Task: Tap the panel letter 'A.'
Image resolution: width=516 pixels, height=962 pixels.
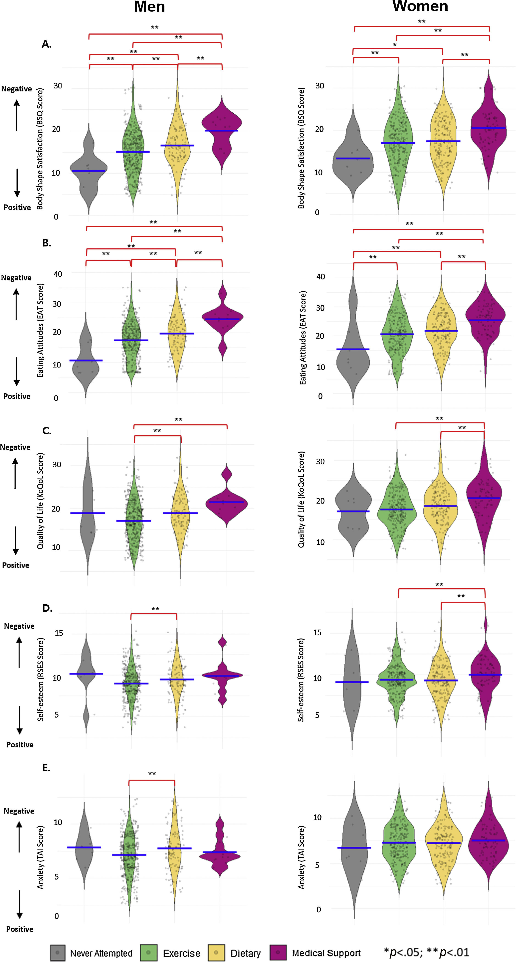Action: point(46,44)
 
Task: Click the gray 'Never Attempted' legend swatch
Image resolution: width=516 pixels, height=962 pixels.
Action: point(57,952)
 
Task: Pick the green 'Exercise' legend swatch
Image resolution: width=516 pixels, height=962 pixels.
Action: point(148,952)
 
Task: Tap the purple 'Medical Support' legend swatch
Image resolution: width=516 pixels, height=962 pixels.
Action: point(278,952)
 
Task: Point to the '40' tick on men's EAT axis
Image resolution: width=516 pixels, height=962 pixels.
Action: point(58,274)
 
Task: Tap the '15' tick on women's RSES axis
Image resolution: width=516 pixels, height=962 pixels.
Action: point(317,632)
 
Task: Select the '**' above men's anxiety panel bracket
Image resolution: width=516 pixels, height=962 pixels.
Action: point(152,774)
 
